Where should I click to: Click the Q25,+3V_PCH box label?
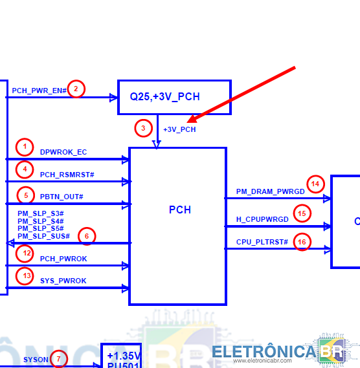click(165, 97)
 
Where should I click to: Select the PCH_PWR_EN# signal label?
click(39, 91)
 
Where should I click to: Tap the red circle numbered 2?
click(76, 89)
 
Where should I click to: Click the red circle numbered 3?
click(143, 128)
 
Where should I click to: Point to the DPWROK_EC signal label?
click(63, 152)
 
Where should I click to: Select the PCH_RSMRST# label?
click(67, 175)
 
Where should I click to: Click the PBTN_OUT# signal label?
click(62, 197)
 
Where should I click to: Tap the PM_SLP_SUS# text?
click(44, 236)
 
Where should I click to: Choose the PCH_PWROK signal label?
click(63, 259)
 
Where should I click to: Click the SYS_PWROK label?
click(63, 281)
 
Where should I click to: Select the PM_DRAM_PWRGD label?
click(271, 191)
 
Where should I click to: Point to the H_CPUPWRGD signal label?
click(262, 219)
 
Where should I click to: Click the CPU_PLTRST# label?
click(262, 242)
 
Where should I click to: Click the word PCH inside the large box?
click(180, 210)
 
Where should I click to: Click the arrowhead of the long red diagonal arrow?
click(187, 122)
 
